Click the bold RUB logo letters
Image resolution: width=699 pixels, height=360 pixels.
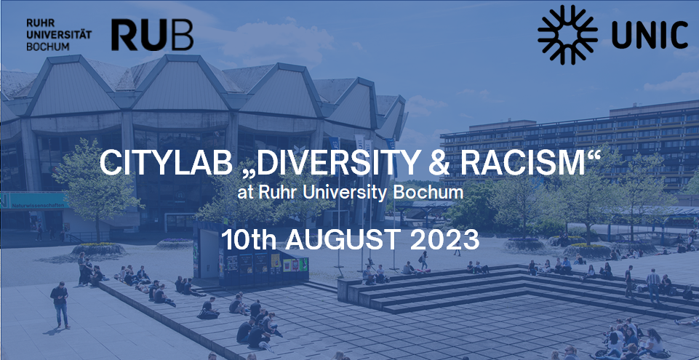pos(152,34)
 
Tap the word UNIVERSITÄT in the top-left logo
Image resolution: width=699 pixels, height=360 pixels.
pos(59,34)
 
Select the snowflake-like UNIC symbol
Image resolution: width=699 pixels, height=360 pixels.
pos(567,34)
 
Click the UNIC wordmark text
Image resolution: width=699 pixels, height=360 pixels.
pos(650,35)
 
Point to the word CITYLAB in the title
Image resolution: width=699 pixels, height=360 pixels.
pos(166,163)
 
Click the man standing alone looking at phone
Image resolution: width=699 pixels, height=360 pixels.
pos(60,305)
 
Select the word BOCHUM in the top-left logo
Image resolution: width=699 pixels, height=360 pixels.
pos(48,46)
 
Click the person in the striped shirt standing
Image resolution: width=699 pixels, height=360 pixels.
pos(653,285)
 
